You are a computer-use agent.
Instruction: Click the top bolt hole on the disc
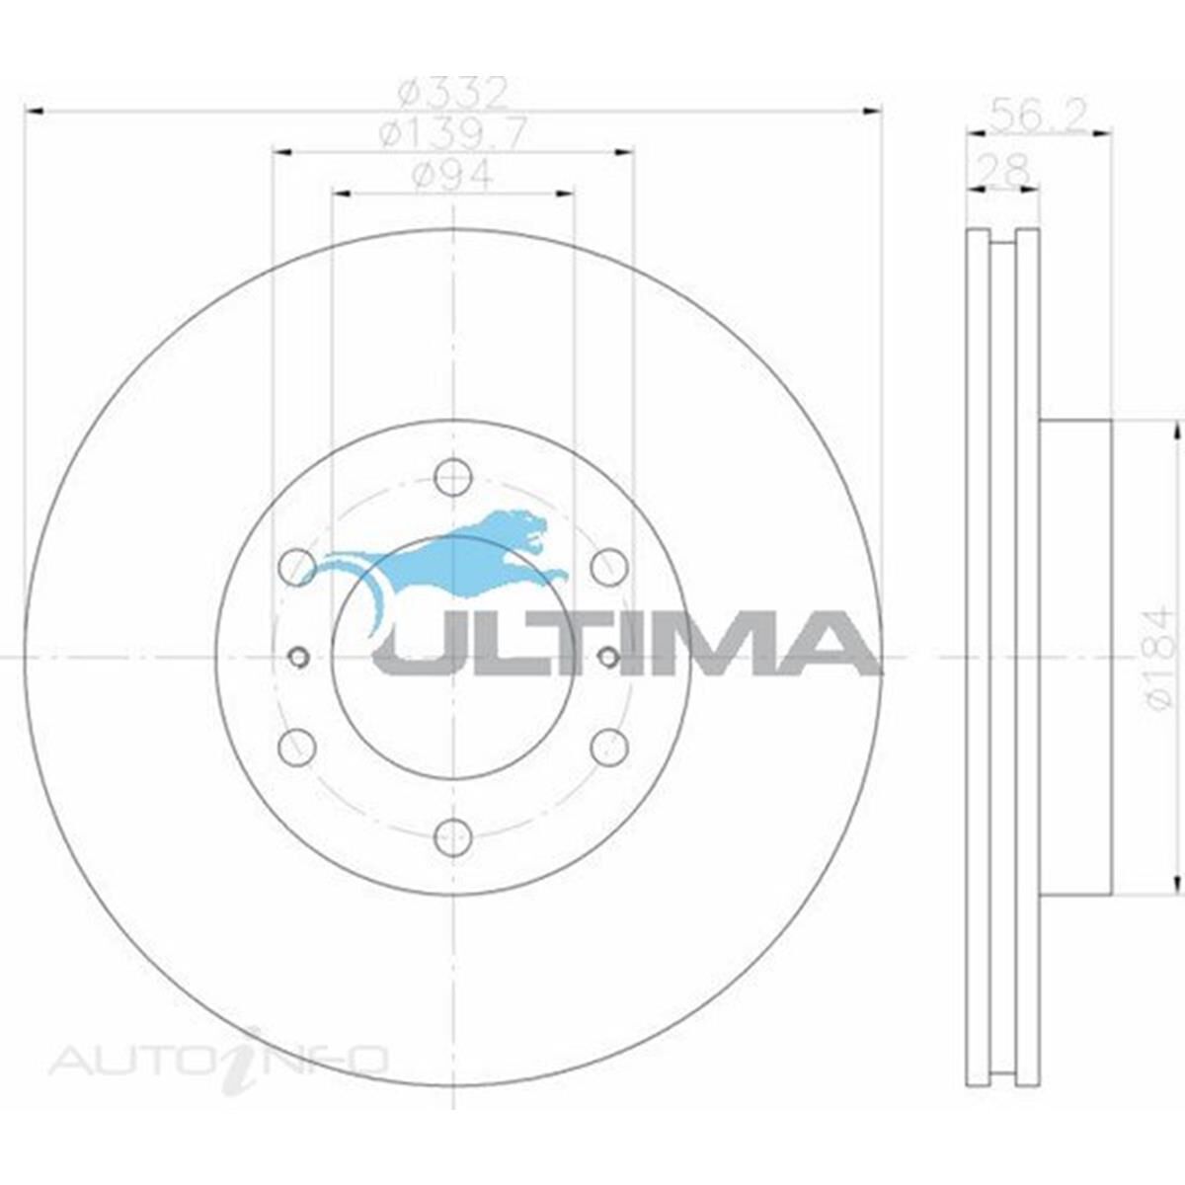[452, 478]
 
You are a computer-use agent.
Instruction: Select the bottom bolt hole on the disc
[452, 837]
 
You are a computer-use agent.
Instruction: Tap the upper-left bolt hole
[297, 567]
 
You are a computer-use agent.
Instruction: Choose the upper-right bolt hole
[609, 567]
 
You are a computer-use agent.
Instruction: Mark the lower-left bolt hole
[297, 747]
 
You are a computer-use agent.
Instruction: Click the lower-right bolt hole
[609, 747]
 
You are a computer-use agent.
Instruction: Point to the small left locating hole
[298, 657]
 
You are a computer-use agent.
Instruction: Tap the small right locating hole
[608, 657]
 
